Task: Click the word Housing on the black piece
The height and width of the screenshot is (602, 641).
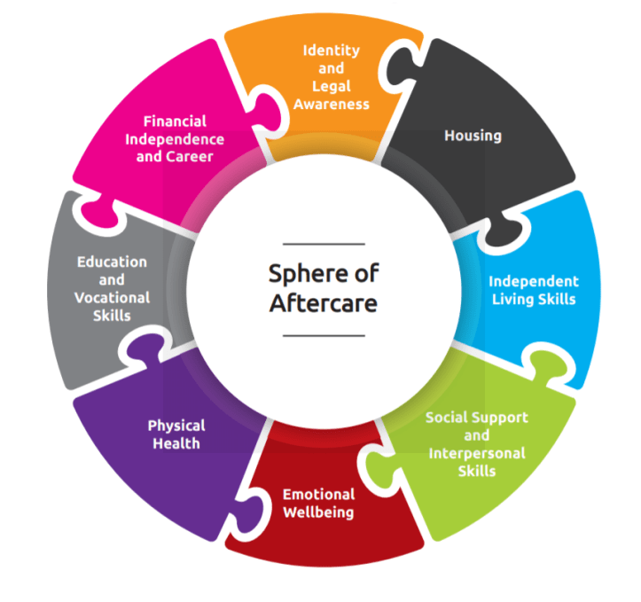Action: pyautogui.click(x=473, y=136)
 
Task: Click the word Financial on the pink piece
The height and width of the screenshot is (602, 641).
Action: pyautogui.click(x=174, y=121)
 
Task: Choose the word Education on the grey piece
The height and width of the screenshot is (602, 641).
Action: pyautogui.click(x=112, y=262)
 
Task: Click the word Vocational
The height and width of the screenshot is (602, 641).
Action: pyautogui.click(x=112, y=297)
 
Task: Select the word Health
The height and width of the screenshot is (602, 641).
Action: pyautogui.click(x=176, y=443)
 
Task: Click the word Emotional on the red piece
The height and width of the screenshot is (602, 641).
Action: pyautogui.click(x=318, y=494)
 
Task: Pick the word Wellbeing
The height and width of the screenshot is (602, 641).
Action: pyautogui.click(x=318, y=512)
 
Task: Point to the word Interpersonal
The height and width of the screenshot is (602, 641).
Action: pyautogui.click(x=477, y=453)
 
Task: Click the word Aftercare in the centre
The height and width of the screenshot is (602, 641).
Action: pyautogui.click(x=324, y=303)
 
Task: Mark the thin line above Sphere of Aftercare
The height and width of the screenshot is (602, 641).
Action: pyautogui.click(x=324, y=244)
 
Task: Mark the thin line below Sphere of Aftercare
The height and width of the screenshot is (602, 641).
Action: pyautogui.click(x=324, y=336)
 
